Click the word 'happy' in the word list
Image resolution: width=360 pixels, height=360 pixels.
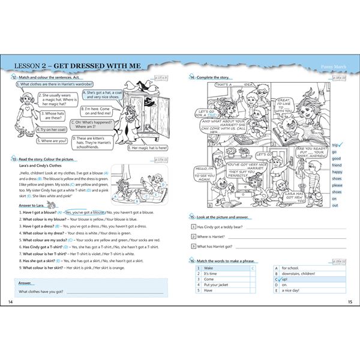(338, 172)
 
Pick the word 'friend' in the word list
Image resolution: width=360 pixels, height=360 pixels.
(337, 165)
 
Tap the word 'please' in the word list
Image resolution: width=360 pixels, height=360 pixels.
(338, 185)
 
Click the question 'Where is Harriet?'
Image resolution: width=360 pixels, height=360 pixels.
(215, 236)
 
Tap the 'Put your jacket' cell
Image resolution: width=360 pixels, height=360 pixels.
(217, 284)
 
